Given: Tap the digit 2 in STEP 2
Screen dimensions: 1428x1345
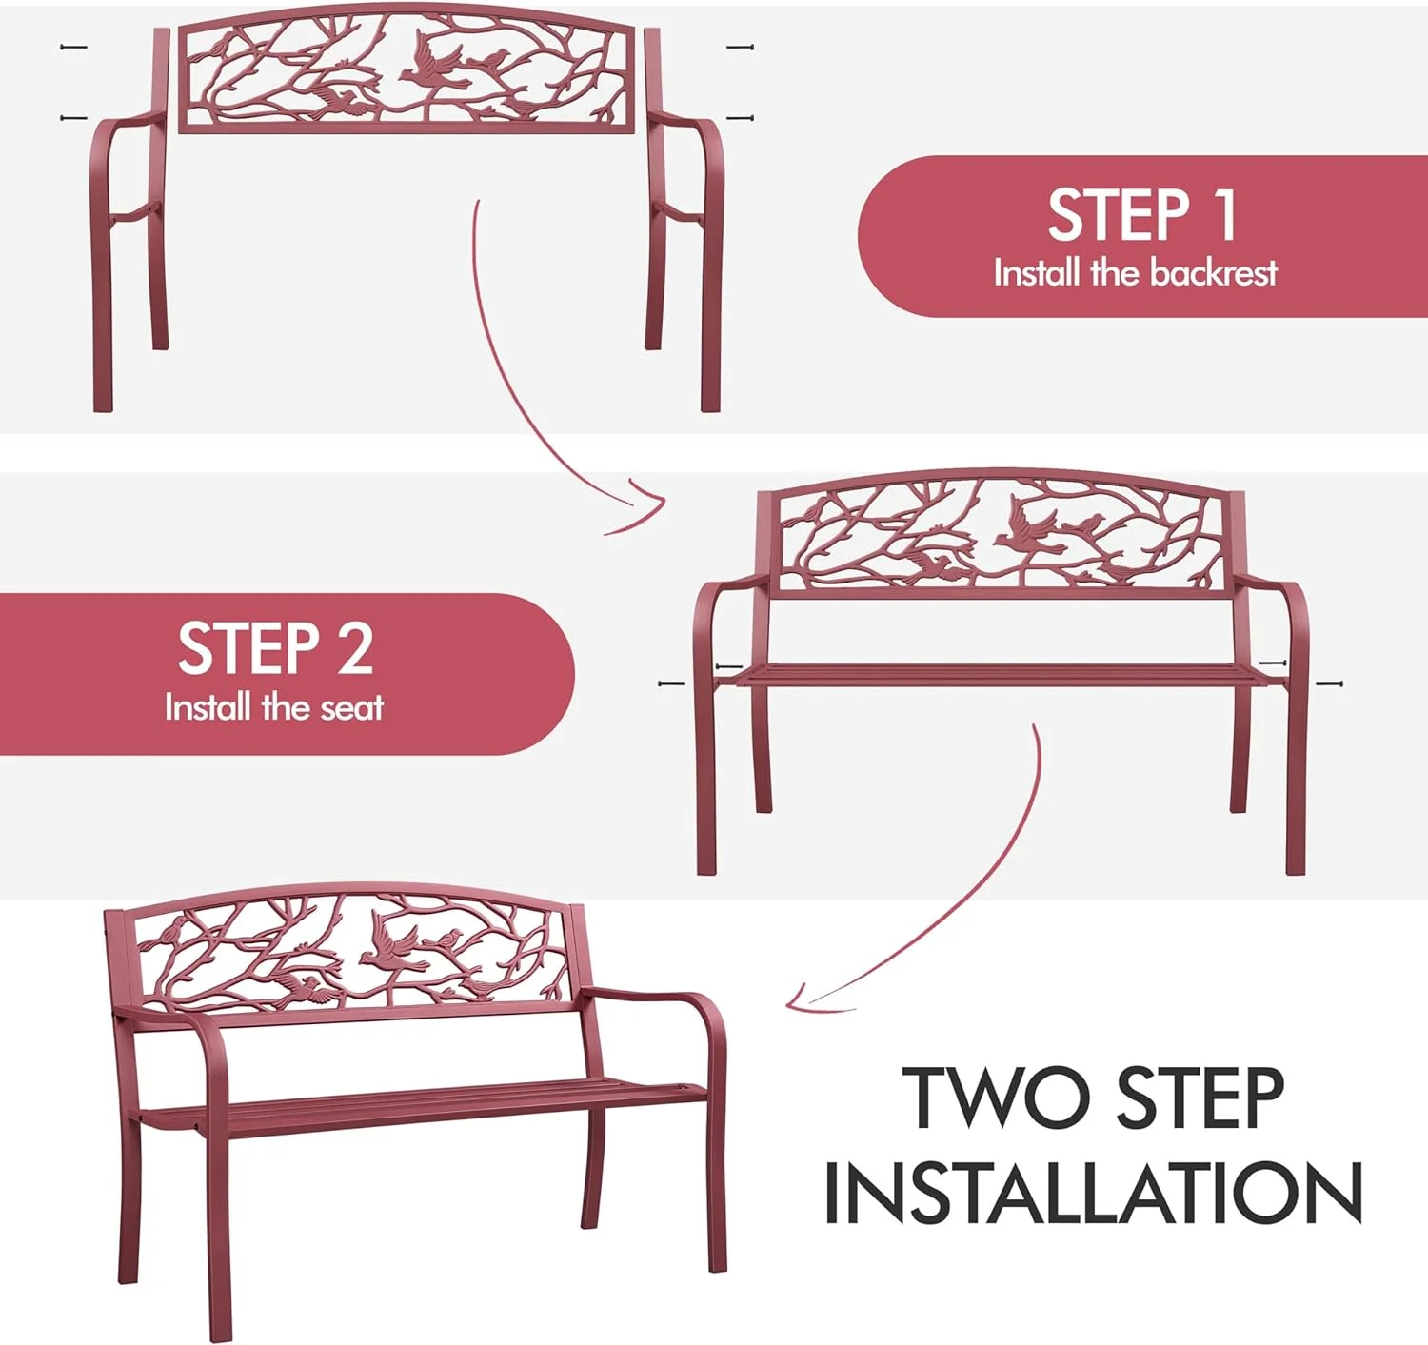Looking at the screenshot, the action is [354, 648].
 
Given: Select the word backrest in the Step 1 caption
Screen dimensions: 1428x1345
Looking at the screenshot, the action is [1213, 273].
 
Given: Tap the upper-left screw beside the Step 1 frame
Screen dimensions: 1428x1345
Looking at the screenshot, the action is [73, 48].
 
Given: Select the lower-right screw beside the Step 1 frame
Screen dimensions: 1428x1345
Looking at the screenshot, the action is [741, 117].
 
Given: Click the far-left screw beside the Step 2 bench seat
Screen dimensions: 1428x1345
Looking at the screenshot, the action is [672, 682].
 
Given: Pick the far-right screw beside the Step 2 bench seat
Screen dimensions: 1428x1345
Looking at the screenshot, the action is [1330, 684].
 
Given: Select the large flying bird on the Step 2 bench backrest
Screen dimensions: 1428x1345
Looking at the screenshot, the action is [1024, 523].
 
